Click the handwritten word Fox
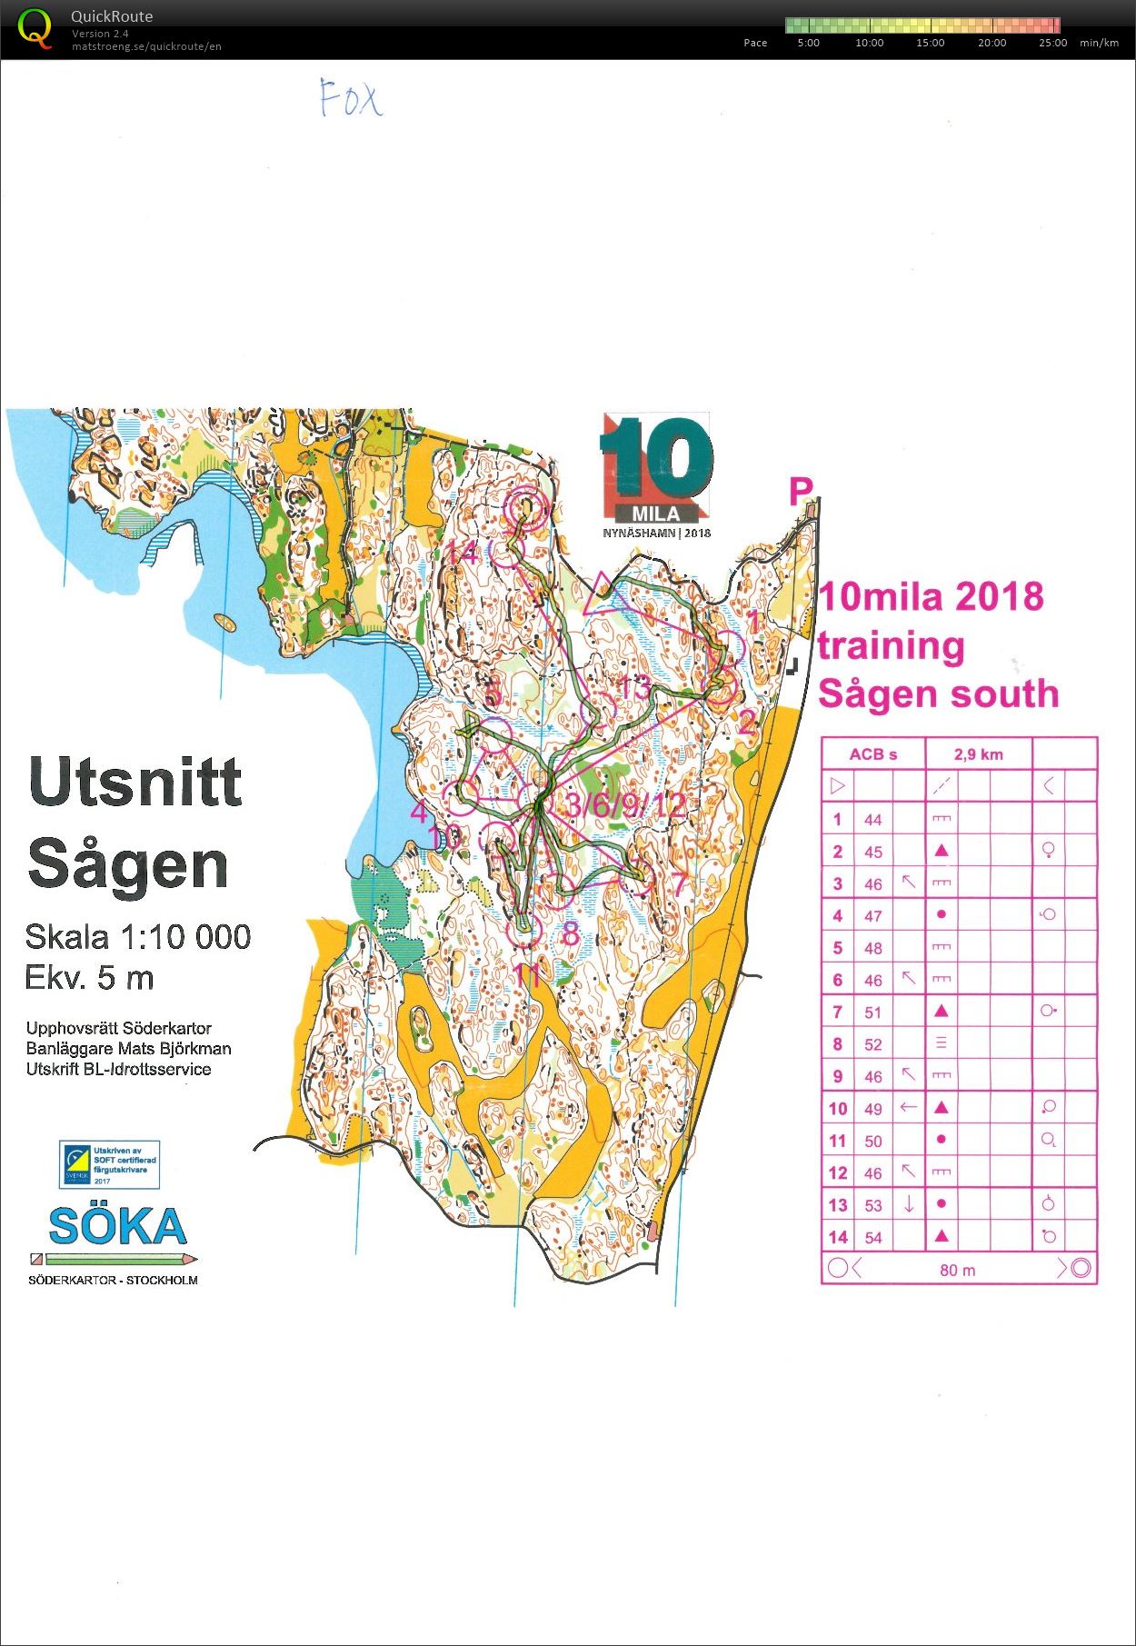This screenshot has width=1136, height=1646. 351,97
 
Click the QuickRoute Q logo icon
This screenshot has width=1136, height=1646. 35,28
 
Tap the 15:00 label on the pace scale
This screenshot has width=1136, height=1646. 930,43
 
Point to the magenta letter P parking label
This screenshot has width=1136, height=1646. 800,492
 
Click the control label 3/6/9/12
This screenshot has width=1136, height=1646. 625,804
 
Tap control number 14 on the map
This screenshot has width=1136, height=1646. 461,553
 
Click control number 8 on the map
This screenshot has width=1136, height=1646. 570,933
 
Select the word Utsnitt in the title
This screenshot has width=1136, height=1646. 135,783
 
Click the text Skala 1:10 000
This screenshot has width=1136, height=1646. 137,937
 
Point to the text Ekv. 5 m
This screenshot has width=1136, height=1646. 89,978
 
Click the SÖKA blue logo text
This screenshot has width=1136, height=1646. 117,1227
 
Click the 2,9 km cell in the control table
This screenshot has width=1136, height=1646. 978,754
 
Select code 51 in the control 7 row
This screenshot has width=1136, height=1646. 872,1013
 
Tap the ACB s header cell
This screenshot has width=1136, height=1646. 872,754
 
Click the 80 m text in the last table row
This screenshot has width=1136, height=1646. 957,1270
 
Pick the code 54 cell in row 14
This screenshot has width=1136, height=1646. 872,1237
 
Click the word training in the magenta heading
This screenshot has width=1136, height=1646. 891,646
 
